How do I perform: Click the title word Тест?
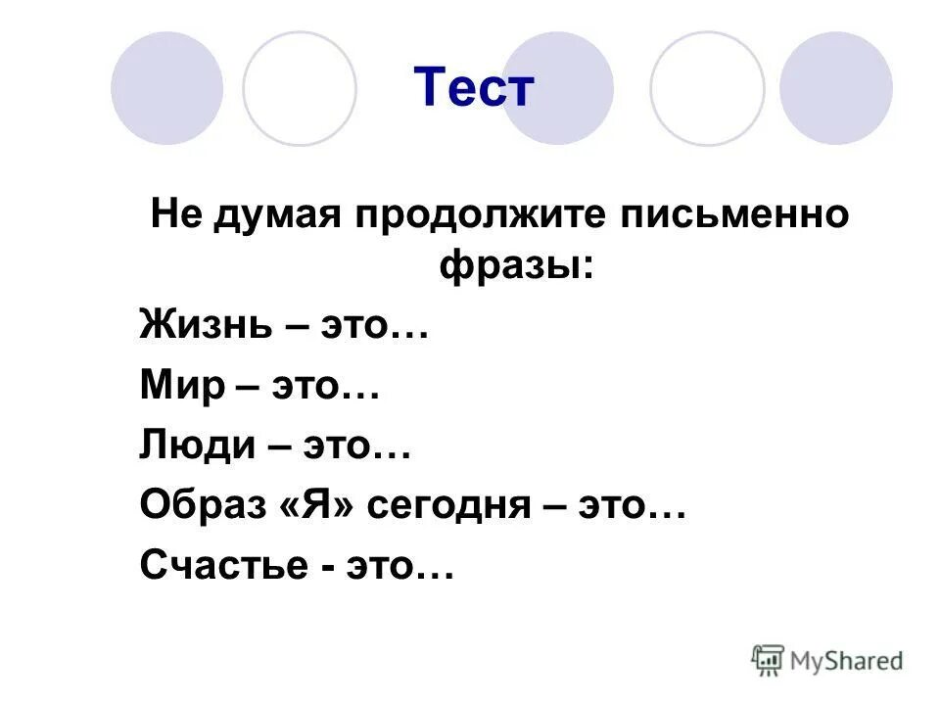click(x=474, y=89)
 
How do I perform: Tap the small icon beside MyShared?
click(x=769, y=659)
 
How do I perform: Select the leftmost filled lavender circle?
click(x=166, y=88)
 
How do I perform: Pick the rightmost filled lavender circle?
click(x=836, y=88)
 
